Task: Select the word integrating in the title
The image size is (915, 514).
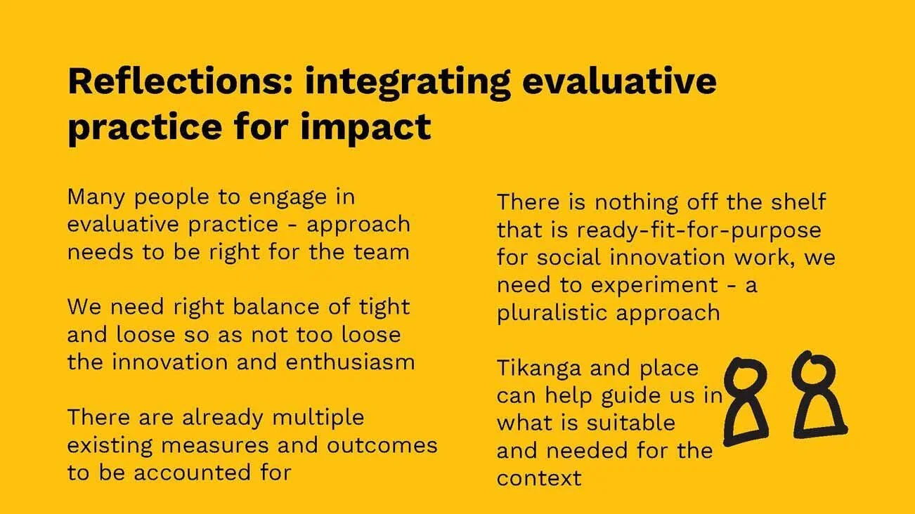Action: coord(408,83)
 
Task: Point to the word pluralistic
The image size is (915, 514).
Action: coord(554,313)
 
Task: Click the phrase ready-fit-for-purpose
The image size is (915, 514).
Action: coord(699,230)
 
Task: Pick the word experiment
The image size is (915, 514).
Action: coord(657,286)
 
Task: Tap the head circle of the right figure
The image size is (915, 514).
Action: coord(813,370)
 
